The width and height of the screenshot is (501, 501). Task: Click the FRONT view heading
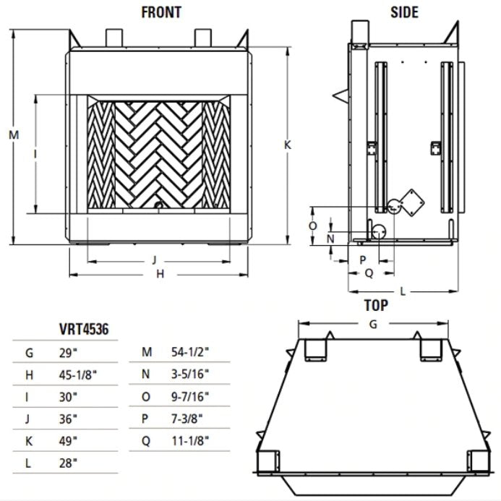[160, 12]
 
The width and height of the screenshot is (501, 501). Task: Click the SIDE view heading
[404, 12]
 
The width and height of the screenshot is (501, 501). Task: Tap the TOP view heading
[376, 305]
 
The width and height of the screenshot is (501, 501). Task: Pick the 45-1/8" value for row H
[79, 374]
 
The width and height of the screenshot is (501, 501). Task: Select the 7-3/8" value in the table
[187, 418]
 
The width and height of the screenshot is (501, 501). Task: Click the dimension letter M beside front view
[13, 135]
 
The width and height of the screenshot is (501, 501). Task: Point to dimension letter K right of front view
[287, 145]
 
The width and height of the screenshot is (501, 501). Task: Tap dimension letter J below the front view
[155, 259]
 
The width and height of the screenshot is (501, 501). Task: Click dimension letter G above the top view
[373, 325]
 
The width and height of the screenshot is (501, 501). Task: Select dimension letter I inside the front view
[35, 153]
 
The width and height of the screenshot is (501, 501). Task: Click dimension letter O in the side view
[312, 226]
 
